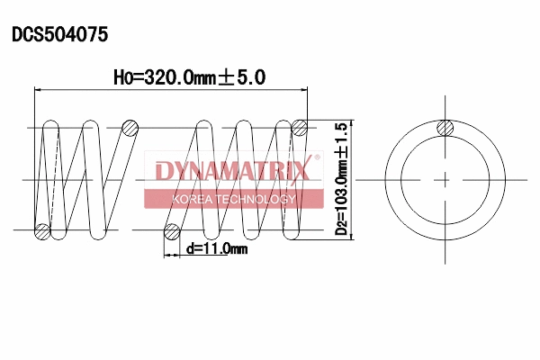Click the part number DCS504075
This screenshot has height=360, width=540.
59,35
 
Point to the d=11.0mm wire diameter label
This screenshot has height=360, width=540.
216,248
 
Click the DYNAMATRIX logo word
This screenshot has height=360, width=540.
232,170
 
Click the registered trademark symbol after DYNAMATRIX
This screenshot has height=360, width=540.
316,159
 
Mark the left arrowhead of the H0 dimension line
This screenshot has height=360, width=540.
39,89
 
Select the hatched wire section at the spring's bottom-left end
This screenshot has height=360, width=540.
41,231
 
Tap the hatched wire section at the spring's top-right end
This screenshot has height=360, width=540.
301,128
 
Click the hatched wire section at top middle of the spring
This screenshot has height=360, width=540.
130,128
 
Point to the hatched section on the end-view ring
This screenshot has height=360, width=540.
445,128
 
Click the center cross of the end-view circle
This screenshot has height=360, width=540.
445,180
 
